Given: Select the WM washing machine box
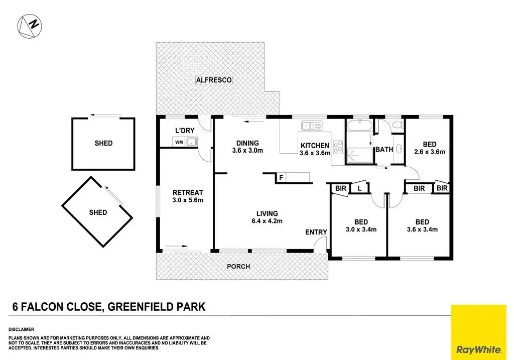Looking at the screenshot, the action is coord(179,143).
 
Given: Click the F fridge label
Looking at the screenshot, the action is coord(281,177).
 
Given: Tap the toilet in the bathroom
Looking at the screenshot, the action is coord(396,125).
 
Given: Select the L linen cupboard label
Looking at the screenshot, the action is coord(359,188).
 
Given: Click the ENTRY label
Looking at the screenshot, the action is coord(316,232).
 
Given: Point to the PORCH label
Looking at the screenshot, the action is coord(238,266).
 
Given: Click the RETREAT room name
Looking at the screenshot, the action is coord(187,193).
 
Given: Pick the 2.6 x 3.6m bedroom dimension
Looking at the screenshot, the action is coord(430,151).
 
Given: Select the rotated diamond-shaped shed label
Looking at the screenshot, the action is coord(98,212).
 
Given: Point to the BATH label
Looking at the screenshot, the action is coord(384,149).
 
